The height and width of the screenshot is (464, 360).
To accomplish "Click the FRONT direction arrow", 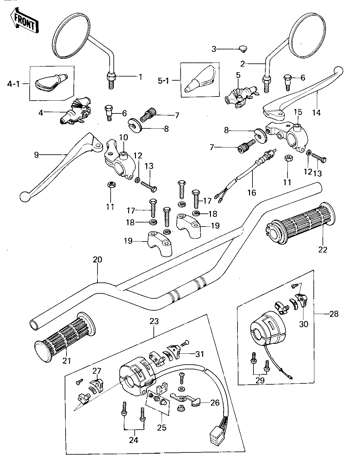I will point(24,21).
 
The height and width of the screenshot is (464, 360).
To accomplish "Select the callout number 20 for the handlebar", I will point(97,260).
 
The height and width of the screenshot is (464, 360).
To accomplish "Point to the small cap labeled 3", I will point(242,48).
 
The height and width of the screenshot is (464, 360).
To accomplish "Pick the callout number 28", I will point(334,313).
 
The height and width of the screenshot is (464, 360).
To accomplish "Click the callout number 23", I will point(154,321).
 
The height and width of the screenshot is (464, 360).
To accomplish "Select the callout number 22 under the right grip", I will point(323,249).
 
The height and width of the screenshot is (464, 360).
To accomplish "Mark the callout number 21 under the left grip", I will point(67,361).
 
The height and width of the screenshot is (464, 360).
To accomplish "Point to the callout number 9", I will point(37,155).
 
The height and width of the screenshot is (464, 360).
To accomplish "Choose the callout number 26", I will point(215,403).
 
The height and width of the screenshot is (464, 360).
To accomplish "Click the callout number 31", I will point(199,354).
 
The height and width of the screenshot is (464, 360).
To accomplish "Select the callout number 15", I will point(298,112).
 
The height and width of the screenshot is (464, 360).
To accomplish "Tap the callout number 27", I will point(97,371).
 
